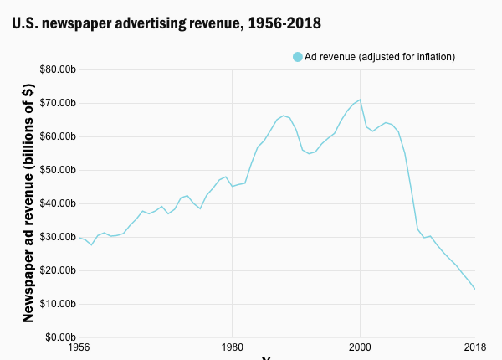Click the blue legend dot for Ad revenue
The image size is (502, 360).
pyautogui.click(x=297, y=57)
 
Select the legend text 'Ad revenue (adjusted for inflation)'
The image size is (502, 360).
pyautogui.click(x=379, y=57)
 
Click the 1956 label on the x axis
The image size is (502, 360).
pyautogui.click(x=79, y=347)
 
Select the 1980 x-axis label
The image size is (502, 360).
pyautogui.click(x=232, y=347)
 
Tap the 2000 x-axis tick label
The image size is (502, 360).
pyautogui.click(x=360, y=347)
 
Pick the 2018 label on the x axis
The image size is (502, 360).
pyautogui.click(x=475, y=347)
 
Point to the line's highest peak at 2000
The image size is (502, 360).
pyautogui.click(x=360, y=100)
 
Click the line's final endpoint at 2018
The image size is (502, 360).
pyautogui.click(x=475, y=289)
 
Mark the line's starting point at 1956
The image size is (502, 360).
pyautogui.click(x=79, y=238)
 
